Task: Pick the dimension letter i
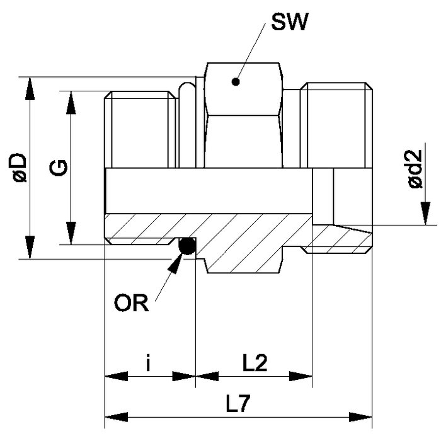point(148,364)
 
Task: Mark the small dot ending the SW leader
point(236,81)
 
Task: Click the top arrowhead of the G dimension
point(71,103)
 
